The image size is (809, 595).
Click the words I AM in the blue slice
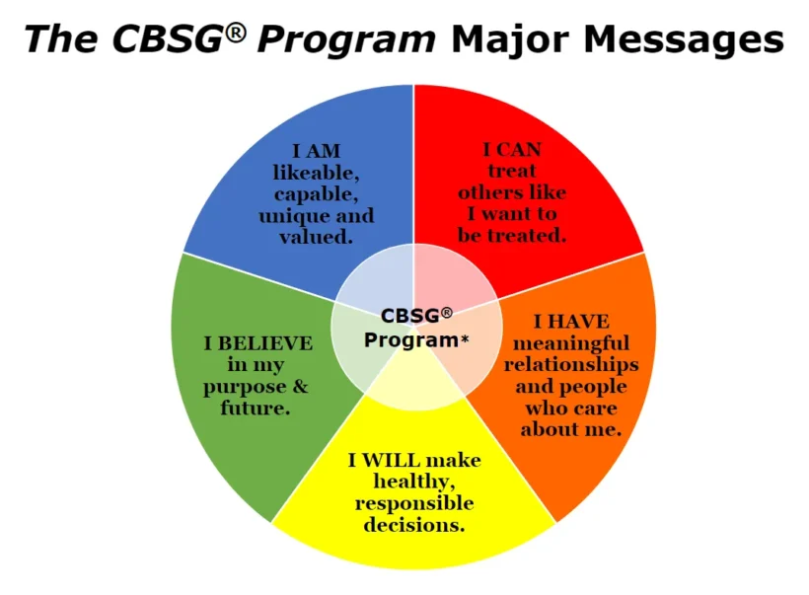pyautogui.click(x=315, y=152)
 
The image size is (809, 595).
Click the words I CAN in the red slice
pyautogui.click(x=512, y=150)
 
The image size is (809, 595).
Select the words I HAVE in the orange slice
pyautogui.click(x=570, y=322)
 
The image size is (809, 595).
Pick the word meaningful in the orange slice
pyautogui.click(x=570, y=343)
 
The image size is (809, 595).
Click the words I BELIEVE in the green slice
pyautogui.click(x=258, y=343)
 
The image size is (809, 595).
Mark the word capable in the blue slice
pyautogui.click(x=315, y=194)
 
